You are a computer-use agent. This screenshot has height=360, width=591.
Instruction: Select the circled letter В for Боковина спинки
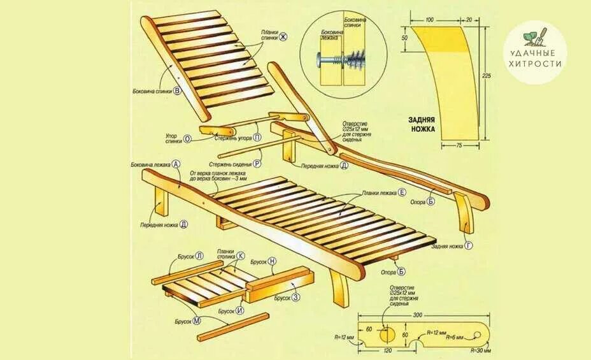[177, 90]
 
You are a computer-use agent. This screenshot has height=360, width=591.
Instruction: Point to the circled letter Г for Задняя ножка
[469, 245]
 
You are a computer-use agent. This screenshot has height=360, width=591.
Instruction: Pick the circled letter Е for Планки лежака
[402, 192]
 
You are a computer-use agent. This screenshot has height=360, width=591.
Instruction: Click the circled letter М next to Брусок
[197, 320]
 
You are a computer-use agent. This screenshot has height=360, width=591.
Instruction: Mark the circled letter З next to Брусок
[296, 298]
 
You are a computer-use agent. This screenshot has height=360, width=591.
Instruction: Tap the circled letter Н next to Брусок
[273, 261]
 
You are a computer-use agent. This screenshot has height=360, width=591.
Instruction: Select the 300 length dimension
[417, 316]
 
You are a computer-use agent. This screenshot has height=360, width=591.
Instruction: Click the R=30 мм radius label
[482, 350]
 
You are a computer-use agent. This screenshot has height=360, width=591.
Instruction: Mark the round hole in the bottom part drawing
[386, 333]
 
